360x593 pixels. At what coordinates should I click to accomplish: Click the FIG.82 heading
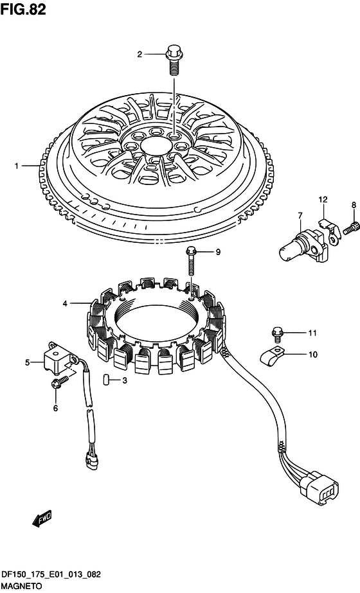pyautogui.click(x=23, y=9)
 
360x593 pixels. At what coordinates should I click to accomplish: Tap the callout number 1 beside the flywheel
pyautogui.click(x=16, y=166)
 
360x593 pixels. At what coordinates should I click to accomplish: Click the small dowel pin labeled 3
pyautogui.click(x=106, y=379)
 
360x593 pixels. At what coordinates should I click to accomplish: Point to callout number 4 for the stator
pyautogui.click(x=65, y=303)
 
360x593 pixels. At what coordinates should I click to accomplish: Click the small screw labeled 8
pyautogui.click(x=350, y=227)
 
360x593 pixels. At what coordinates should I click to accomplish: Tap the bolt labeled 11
pyautogui.click(x=276, y=334)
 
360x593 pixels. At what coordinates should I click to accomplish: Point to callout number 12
pyautogui.click(x=323, y=199)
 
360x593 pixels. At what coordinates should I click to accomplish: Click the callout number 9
pyautogui.click(x=218, y=252)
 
